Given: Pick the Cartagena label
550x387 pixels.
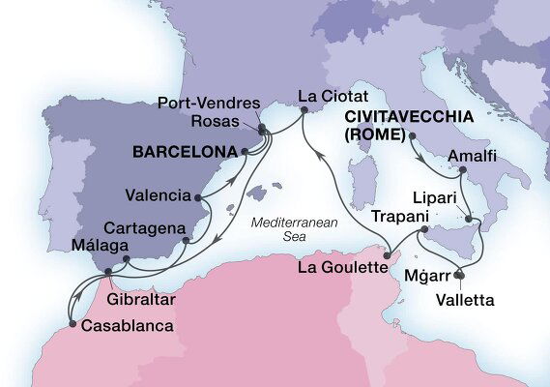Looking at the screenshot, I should [142, 227].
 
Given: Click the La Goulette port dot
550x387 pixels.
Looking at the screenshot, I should [385, 255].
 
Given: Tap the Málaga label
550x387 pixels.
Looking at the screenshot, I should [93, 246].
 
